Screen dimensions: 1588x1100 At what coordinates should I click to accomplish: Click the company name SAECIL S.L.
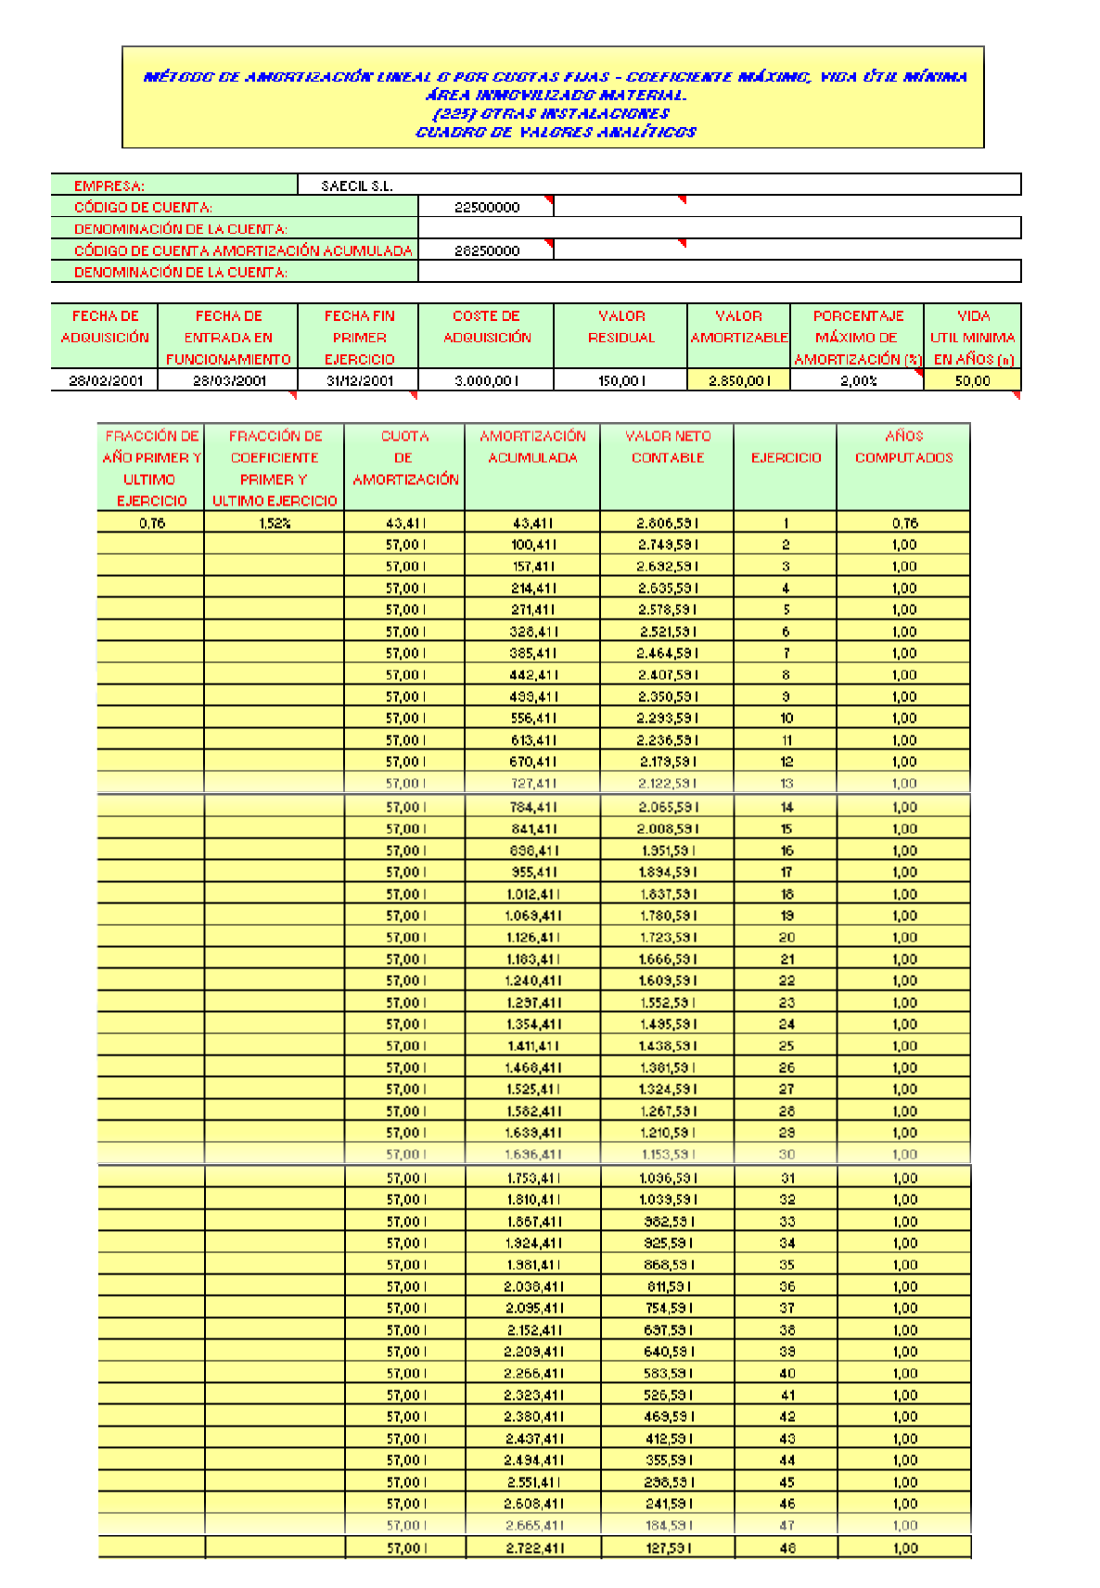tap(357, 186)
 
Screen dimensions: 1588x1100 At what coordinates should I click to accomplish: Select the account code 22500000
tap(486, 208)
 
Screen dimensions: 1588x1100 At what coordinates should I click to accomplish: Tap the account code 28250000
tap(486, 250)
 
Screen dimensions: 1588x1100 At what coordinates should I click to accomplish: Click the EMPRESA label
tap(109, 186)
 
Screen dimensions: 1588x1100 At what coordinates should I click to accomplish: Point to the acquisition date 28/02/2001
tap(105, 380)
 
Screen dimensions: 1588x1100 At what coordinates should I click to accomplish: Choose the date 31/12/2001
tap(359, 380)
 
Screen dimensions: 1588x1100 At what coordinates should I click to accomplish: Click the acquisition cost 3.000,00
tap(486, 380)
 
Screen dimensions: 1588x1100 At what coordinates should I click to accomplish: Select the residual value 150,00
tap(620, 380)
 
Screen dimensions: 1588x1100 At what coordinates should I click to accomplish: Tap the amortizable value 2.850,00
tap(738, 380)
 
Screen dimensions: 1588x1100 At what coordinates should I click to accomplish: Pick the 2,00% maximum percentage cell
tap(858, 380)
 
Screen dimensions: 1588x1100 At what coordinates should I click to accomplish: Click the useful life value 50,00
tap(972, 380)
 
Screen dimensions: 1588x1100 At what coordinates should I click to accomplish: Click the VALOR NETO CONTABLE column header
tap(668, 447)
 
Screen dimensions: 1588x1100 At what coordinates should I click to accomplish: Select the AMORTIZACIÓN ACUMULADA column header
tap(532, 447)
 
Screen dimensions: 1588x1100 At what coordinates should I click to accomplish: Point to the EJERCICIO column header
tap(786, 457)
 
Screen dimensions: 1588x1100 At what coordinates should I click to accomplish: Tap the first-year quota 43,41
tap(404, 523)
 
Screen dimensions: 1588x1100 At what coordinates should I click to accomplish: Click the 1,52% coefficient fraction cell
tap(275, 523)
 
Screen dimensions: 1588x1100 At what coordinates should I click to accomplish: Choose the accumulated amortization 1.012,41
tap(532, 894)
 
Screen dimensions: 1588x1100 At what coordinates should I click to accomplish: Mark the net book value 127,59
tap(668, 1548)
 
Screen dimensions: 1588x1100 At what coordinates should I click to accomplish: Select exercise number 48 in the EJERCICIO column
tap(787, 1548)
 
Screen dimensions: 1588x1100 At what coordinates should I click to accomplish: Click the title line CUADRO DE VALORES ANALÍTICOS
tap(556, 132)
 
